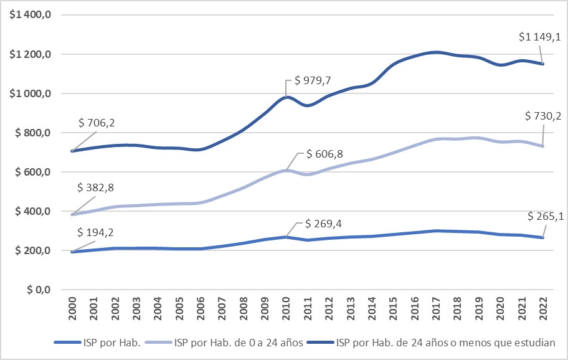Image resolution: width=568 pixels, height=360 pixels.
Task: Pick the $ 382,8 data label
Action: [x=97, y=187]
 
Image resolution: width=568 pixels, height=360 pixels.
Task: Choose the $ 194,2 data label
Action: [x=97, y=233]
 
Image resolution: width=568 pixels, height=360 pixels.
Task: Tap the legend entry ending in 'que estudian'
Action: [x=446, y=342]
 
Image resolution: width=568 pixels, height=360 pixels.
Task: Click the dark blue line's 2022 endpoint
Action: [x=542, y=64]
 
